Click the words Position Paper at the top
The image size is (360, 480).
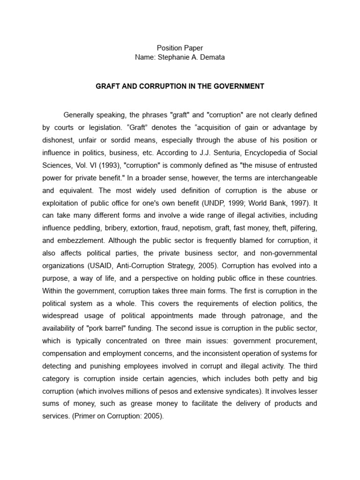(180, 48)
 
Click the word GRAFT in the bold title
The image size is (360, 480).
(107, 87)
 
